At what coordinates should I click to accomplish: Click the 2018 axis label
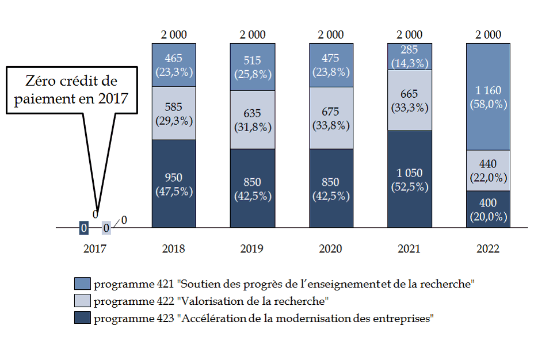173,249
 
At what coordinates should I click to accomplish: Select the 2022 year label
488,249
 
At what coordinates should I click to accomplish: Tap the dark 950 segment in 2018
173,184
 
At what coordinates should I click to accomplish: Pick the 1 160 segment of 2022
488,97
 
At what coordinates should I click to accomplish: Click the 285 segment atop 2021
409,56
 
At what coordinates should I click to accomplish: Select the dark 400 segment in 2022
488,209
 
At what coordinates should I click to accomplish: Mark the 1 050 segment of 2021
409,179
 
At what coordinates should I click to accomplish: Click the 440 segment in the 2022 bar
488,171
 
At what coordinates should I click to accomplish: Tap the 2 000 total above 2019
252,35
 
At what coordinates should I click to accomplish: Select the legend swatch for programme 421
82,284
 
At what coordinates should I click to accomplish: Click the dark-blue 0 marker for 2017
83,228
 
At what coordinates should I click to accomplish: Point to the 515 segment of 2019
252,67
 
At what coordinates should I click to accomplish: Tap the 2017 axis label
95,249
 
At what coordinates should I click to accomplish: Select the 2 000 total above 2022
488,35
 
